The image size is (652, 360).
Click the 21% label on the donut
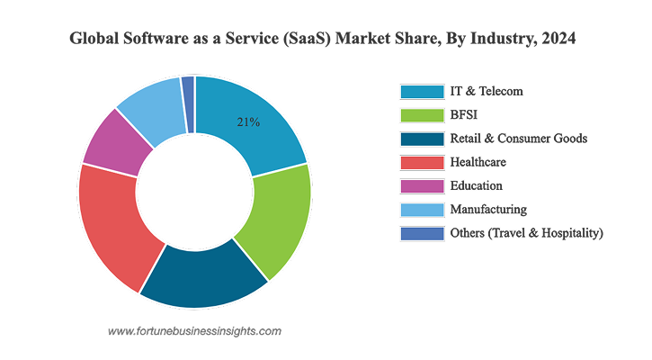(x=248, y=122)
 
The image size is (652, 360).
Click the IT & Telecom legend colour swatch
(x=422, y=91)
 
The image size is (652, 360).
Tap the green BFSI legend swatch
(x=422, y=114)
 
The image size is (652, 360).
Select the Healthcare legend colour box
(x=422, y=162)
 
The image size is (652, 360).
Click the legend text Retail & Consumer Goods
(x=519, y=139)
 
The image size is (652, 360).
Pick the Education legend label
(x=477, y=186)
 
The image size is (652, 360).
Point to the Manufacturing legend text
(x=488, y=210)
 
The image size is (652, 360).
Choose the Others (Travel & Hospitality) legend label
(x=526, y=233)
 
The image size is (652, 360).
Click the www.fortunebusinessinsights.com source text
(x=194, y=331)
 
